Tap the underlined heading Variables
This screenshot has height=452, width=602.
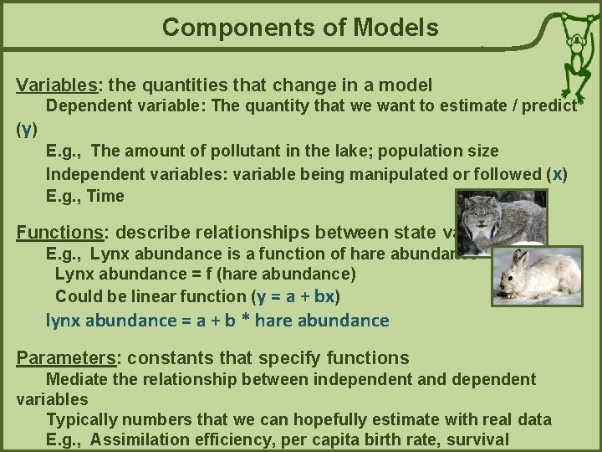pyautogui.click(x=55, y=85)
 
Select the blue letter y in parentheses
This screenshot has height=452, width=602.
pyautogui.click(x=27, y=129)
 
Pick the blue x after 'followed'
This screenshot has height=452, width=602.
pyautogui.click(x=559, y=174)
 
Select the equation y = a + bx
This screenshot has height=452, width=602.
pyautogui.click(x=298, y=296)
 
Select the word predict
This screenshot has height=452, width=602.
pyautogui.click(x=548, y=106)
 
